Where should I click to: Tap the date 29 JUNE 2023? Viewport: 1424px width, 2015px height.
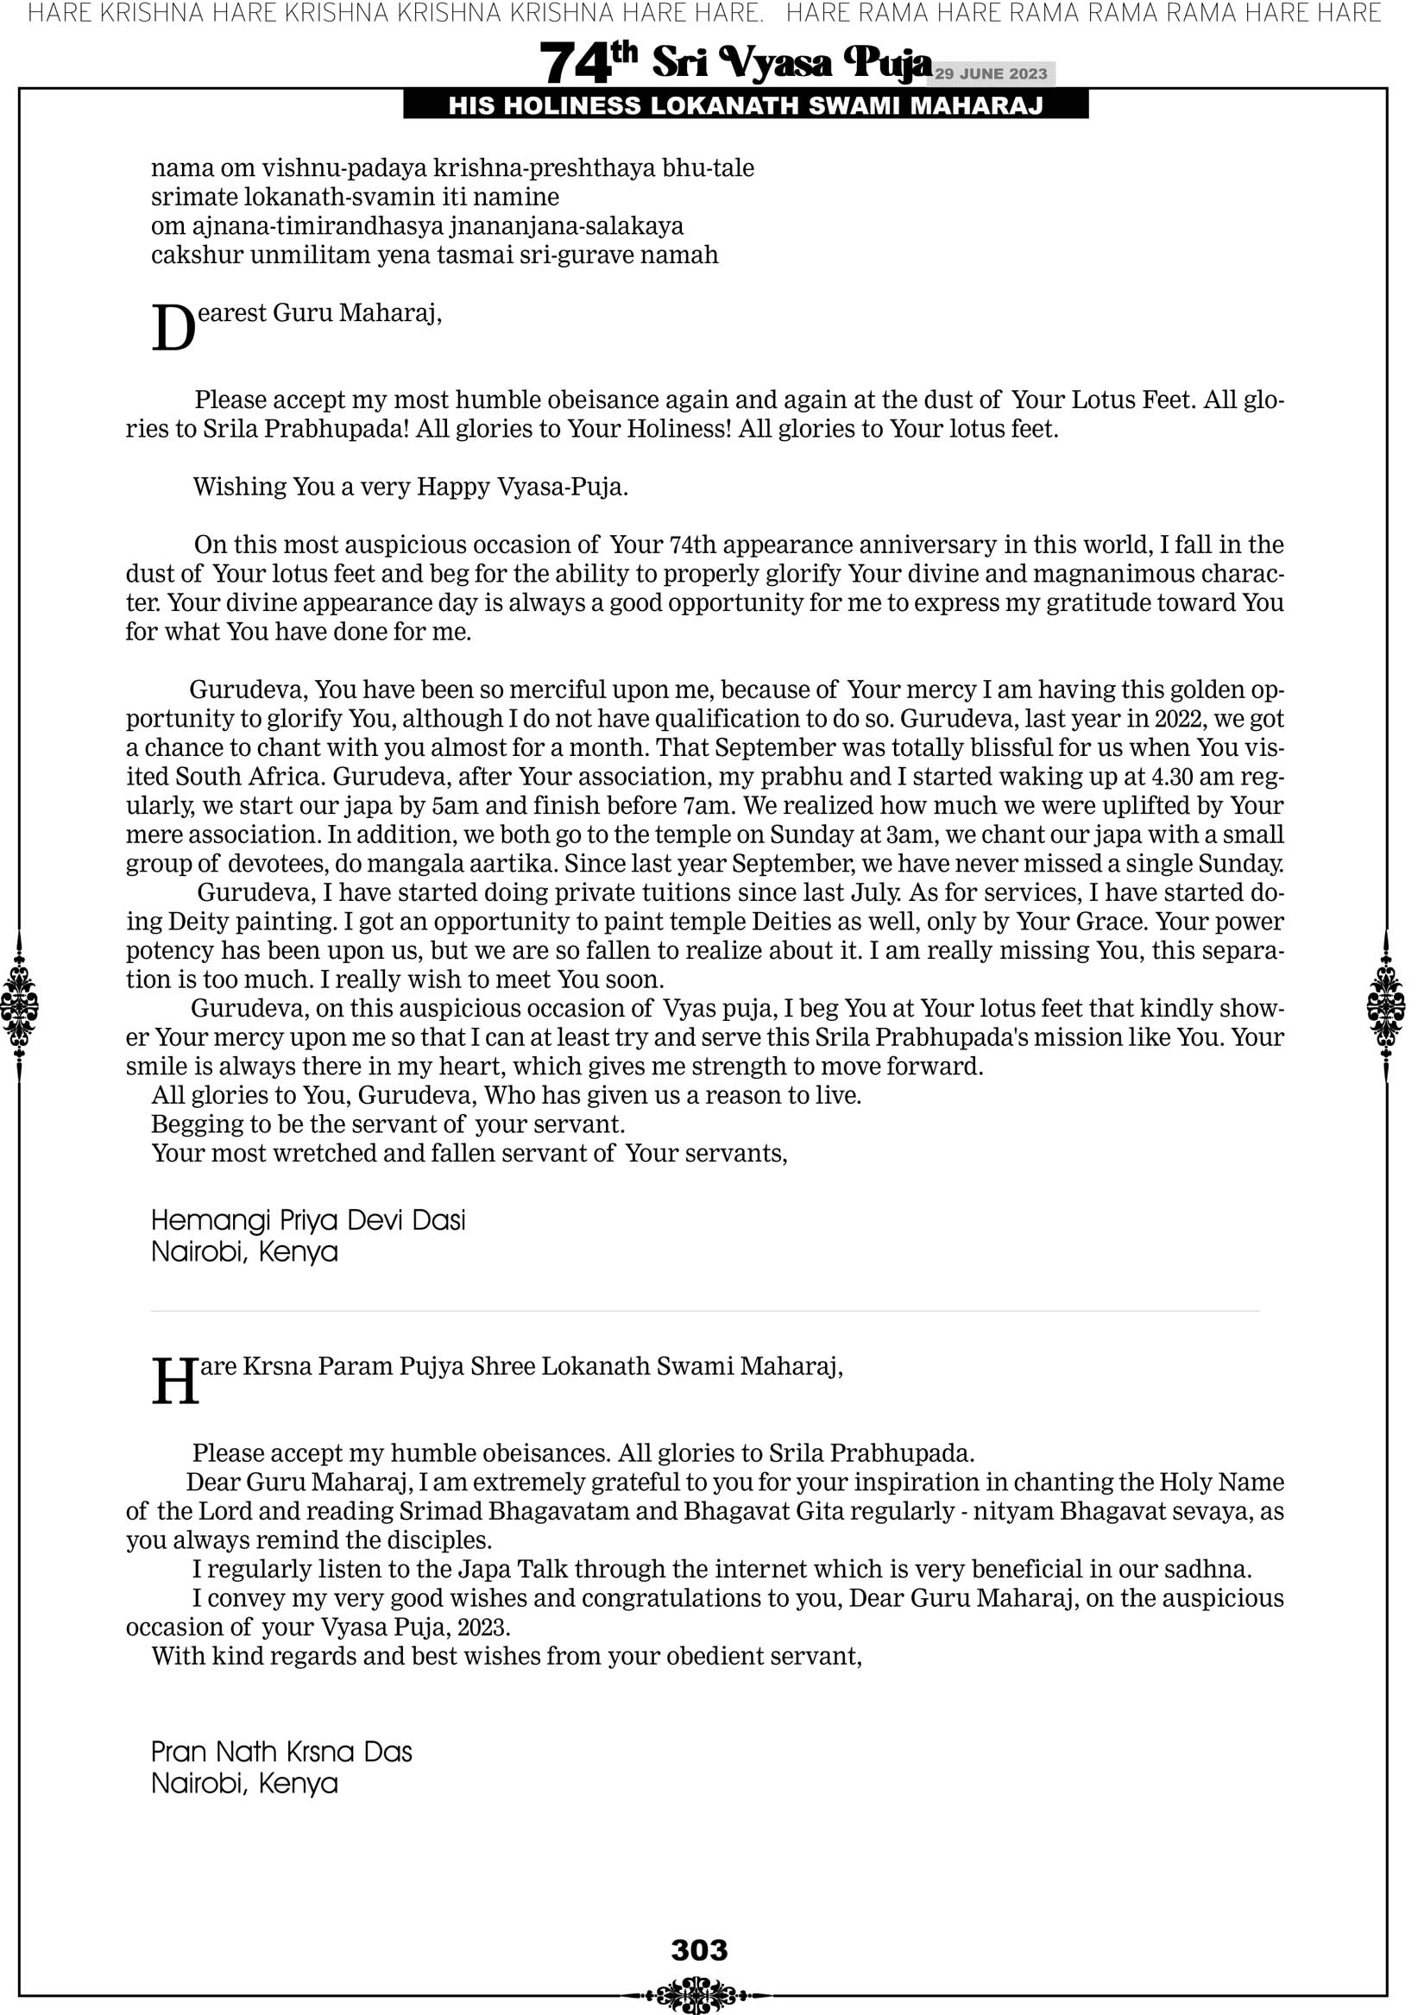(x=990, y=73)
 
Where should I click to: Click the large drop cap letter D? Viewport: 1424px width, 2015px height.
(x=173, y=329)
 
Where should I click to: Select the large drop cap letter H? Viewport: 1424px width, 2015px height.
(x=174, y=1382)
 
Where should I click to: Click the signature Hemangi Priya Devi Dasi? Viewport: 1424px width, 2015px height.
(x=308, y=1221)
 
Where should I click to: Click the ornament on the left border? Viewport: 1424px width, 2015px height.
(x=19, y=1005)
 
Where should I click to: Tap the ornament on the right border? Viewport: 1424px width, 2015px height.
(x=1386, y=1005)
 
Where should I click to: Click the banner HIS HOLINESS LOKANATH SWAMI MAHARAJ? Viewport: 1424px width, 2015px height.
(x=746, y=106)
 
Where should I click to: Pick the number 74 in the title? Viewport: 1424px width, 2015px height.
(x=574, y=64)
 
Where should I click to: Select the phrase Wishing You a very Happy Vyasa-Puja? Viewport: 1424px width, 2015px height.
(x=410, y=487)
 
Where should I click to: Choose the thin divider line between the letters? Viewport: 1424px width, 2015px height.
(x=704, y=1311)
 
